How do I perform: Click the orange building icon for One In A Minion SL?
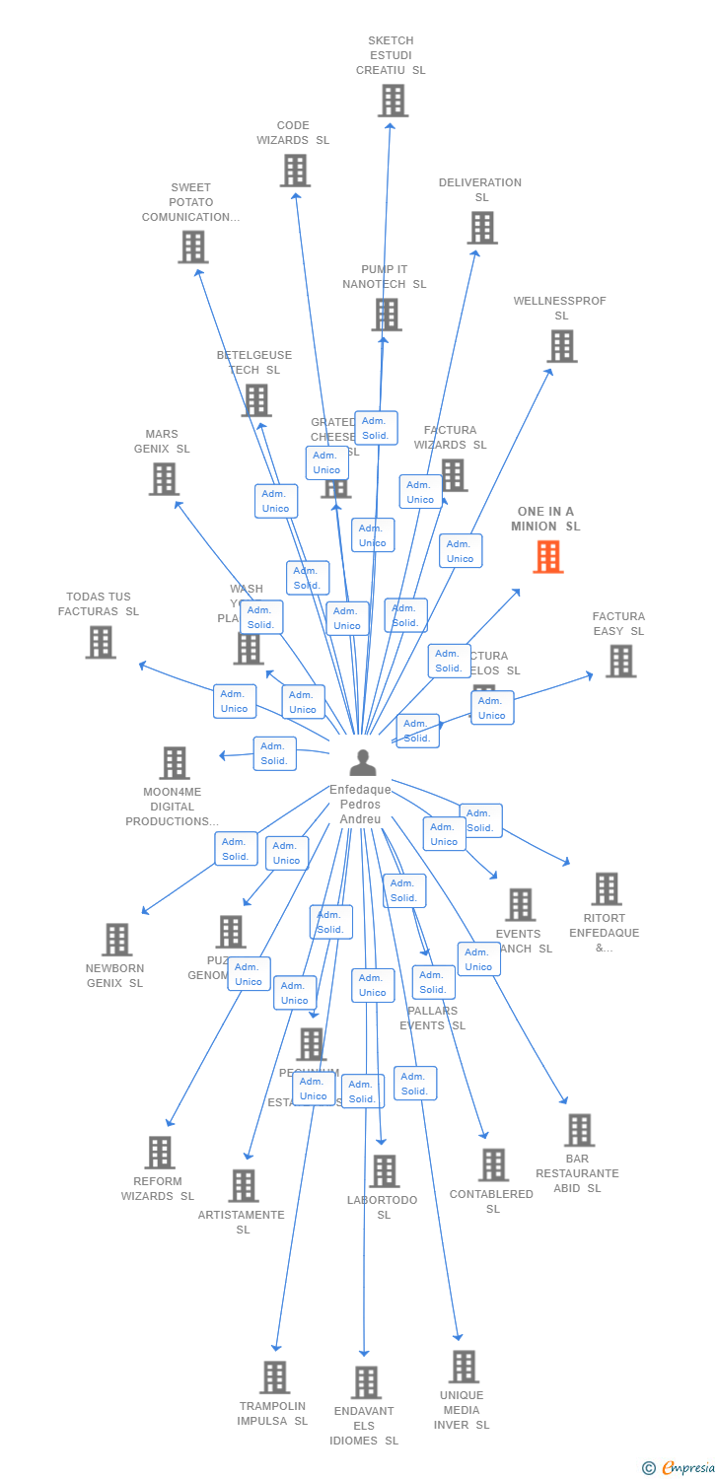548,557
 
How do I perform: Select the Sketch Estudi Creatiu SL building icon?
393,101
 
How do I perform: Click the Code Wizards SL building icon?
295,171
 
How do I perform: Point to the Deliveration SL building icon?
482,228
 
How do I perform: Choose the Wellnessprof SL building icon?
562,346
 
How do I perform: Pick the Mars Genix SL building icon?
164,479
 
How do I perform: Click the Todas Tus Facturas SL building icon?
101,642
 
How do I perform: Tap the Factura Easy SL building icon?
620,661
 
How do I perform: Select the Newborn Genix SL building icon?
116,940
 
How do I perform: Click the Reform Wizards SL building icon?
160,1152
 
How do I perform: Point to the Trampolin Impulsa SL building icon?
274,1376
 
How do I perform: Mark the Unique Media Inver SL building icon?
464,1367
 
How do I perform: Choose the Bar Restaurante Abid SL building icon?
579,1130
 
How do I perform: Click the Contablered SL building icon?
493,1164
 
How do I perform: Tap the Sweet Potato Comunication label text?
190,202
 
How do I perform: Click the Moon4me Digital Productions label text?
173,807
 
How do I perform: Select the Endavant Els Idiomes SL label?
364,1426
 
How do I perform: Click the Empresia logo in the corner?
681,1468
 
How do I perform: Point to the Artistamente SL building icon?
244,1185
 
